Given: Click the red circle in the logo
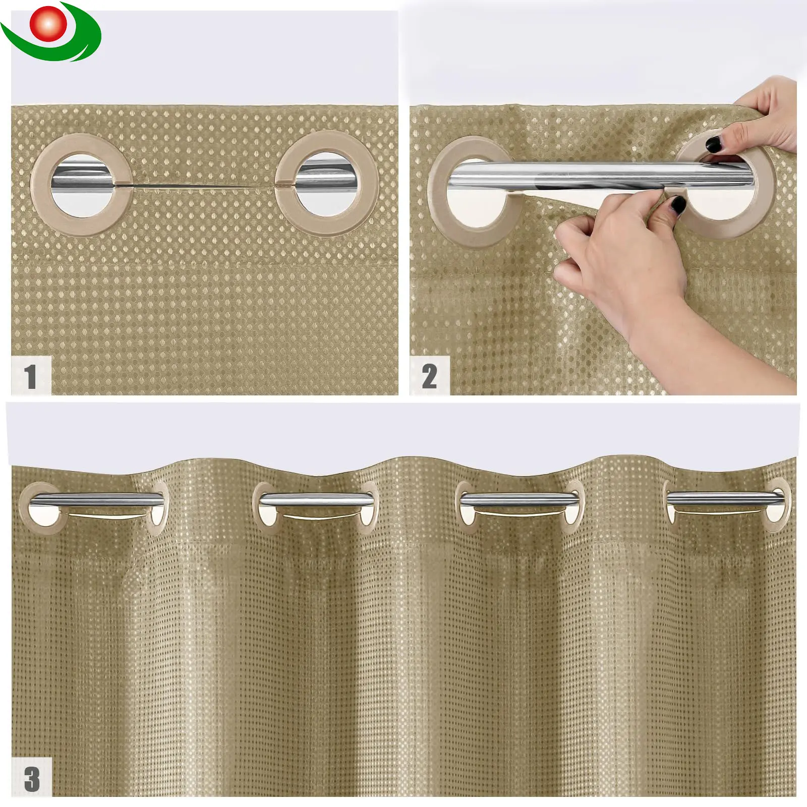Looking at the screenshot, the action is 48,24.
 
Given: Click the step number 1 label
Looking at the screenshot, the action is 31,376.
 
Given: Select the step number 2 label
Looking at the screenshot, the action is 429,376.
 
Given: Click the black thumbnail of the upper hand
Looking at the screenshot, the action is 713,145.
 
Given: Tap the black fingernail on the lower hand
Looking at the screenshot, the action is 677,205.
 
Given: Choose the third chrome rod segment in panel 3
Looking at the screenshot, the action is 520,499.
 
